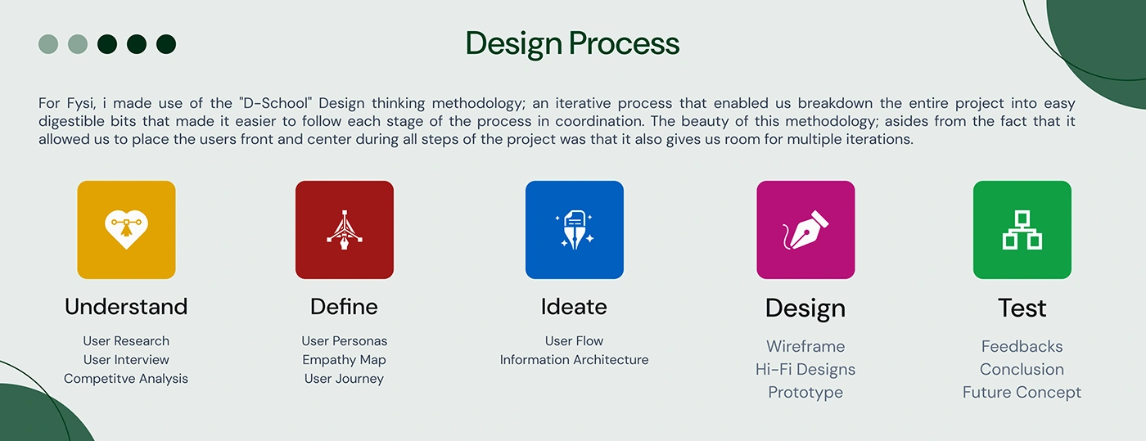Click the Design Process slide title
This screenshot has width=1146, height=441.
[x=572, y=43]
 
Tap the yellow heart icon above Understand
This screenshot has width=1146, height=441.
[x=126, y=230]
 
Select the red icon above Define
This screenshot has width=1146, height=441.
[x=345, y=230]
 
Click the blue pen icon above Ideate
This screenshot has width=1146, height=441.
[x=575, y=230]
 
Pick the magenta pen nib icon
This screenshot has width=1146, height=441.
[x=805, y=230]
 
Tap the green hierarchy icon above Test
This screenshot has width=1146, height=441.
[x=1022, y=230]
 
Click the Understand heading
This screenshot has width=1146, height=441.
[x=126, y=307]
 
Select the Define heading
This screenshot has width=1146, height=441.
[x=344, y=307]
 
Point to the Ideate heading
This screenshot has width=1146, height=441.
[x=574, y=307]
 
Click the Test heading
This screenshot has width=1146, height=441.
[x=1022, y=308]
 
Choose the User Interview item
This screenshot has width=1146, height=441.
[x=126, y=360]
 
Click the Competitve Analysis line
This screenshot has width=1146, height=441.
[x=126, y=379]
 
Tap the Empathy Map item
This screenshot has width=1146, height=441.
[x=344, y=360]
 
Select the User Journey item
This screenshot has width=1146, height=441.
[x=344, y=379]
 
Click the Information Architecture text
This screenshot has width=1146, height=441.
[x=574, y=360]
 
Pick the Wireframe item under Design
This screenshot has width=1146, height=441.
[x=805, y=346]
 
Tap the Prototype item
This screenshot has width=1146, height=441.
[x=805, y=393]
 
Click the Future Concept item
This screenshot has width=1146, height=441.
[x=1022, y=393]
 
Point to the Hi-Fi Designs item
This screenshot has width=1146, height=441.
[x=805, y=369]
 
